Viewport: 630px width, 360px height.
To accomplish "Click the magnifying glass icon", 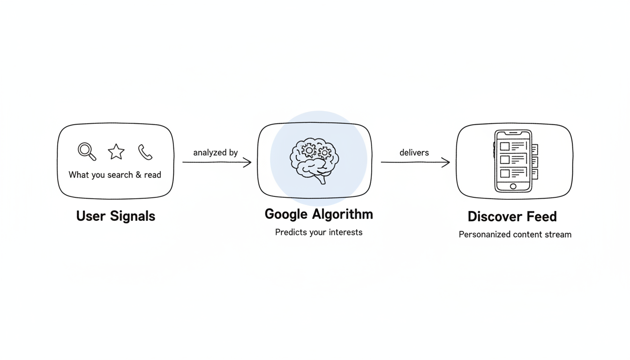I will coord(87,151).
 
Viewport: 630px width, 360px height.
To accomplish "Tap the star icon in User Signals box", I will coord(116,152).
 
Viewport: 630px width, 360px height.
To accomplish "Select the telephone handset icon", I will coord(145,152).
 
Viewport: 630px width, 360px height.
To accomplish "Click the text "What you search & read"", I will coord(115,175).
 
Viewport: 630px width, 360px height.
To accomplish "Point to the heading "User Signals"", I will coord(115,216).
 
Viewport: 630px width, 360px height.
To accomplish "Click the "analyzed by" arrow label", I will coord(216,153).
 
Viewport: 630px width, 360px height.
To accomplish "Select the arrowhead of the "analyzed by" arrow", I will coord(248,163).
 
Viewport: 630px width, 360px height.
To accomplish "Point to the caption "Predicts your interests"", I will coord(319,232).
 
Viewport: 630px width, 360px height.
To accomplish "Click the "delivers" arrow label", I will coord(414,153).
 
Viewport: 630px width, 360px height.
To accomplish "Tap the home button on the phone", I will coord(513,187).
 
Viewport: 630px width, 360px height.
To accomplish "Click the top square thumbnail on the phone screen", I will coord(505,147).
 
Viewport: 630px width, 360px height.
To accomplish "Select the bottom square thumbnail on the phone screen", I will coord(505,173).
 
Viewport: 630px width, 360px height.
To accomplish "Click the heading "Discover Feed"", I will coord(512,217).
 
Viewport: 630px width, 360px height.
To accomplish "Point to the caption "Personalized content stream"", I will coord(515,235).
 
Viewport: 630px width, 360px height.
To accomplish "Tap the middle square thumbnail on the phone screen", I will coord(505,160).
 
